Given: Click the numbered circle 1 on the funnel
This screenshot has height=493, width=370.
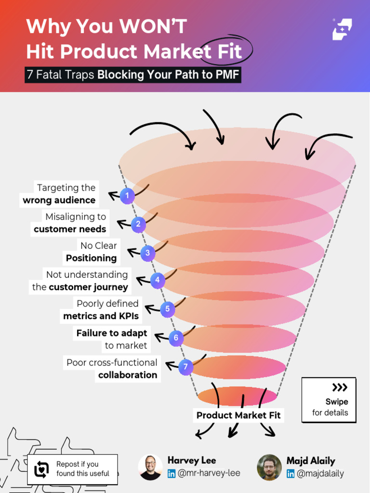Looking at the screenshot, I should (x=127, y=195).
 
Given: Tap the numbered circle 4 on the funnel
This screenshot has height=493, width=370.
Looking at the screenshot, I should (x=158, y=280).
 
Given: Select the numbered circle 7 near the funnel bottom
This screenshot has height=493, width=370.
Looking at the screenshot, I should (x=186, y=367).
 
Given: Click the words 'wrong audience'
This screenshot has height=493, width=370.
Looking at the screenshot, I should (x=59, y=200).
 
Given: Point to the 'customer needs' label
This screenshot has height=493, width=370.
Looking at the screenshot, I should (x=70, y=229).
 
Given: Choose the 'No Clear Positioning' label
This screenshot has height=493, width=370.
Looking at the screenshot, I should (x=92, y=252).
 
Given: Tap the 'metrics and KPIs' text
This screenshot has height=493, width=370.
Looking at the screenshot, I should (x=101, y=316).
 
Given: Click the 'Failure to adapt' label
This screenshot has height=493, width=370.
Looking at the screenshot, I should (x=112, y=333).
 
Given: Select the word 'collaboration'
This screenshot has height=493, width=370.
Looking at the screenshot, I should (x=128, y=375).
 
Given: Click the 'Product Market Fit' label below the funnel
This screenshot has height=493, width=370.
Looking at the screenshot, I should (x=238, y=415).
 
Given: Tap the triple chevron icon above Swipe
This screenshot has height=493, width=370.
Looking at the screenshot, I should (x=340, y=388).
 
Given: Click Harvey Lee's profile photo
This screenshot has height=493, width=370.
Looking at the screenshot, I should (x=150, y=467).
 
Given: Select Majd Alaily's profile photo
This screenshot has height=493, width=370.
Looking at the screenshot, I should (x=269, y=467).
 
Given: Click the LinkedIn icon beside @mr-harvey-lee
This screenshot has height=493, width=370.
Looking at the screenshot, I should (x=172, y=474).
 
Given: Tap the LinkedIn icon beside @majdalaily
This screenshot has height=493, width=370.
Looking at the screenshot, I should (x=291, y=474).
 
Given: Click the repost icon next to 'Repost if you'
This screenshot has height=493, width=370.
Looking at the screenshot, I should (x=42, y=469).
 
